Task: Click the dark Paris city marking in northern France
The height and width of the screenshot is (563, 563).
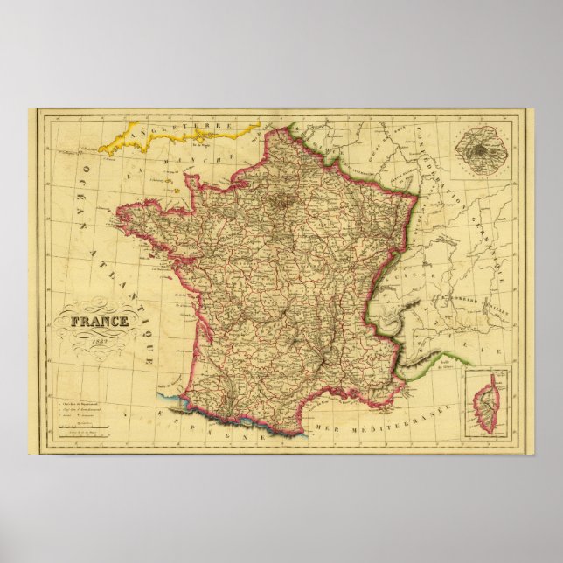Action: pos(286,204)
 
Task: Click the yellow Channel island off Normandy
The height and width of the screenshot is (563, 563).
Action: pos(186,185)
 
